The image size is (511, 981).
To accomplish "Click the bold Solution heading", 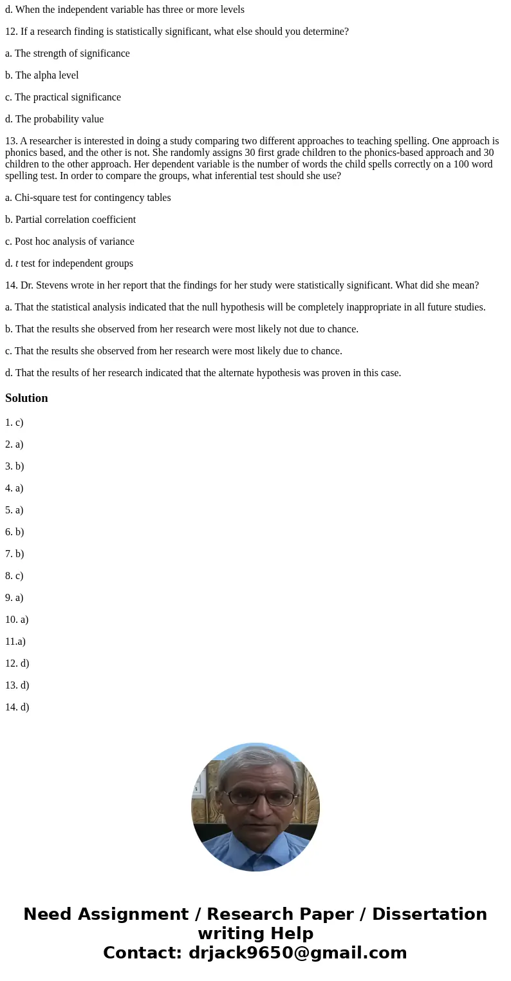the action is point(26,398).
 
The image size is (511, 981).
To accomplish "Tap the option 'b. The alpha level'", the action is point(42,75).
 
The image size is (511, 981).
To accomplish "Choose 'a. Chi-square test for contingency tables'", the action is point(88,198).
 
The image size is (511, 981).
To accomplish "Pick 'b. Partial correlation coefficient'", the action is point(71,220).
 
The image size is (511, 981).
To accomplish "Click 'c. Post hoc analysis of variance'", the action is point(70,242).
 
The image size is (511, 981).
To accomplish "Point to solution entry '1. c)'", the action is point(14,423).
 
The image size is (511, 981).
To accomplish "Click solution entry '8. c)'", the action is point(14,576).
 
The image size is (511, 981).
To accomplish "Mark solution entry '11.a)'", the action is point(15,642).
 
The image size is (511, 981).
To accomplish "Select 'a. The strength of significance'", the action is point(68,53).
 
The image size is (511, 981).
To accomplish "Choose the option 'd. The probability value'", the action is point(55,119).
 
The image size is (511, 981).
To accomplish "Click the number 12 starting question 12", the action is point(11,32).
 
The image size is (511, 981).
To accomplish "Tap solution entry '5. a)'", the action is point(14,510).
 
